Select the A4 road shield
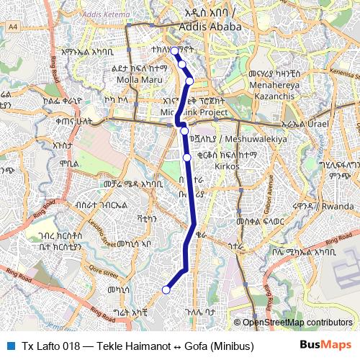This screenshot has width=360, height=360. pos(13,26)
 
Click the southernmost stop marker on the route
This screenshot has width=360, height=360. pos(166,290)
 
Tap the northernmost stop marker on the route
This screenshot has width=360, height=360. pos(174,50)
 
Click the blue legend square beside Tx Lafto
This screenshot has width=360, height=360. pos(9,345)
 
